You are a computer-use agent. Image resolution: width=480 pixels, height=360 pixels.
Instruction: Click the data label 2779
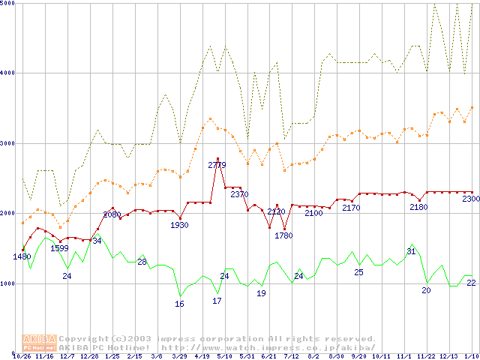(217, 164)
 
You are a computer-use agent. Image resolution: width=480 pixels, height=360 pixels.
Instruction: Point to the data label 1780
(283, 235)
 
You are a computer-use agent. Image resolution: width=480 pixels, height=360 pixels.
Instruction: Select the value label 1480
(22, 256)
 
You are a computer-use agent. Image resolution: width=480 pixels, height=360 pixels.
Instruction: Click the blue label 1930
(179, 225)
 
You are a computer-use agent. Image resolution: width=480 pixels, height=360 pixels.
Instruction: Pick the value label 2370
(239, 194)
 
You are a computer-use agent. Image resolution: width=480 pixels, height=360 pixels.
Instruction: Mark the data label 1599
(59, 248)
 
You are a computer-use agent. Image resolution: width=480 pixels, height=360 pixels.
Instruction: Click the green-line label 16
(179, 304)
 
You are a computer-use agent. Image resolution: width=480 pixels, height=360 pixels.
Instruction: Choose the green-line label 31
(411, 251)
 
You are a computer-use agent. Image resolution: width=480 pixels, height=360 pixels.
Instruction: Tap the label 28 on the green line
(142, 262)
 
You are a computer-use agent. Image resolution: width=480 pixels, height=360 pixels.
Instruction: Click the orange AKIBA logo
(39, 343)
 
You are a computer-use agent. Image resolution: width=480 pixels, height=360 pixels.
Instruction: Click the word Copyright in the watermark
(84, 339)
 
